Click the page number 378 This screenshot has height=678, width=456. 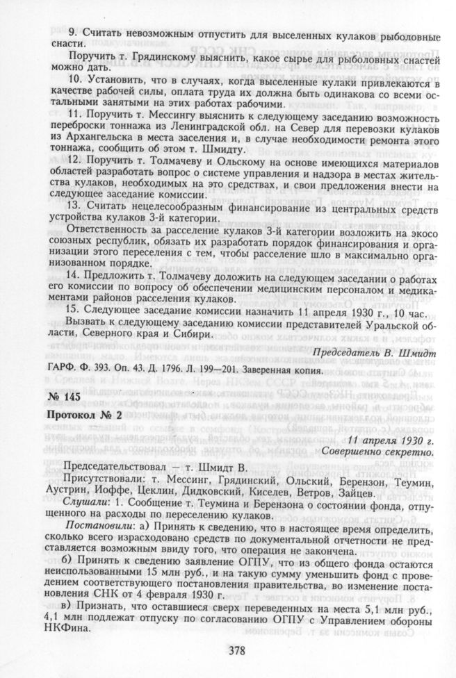228,650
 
